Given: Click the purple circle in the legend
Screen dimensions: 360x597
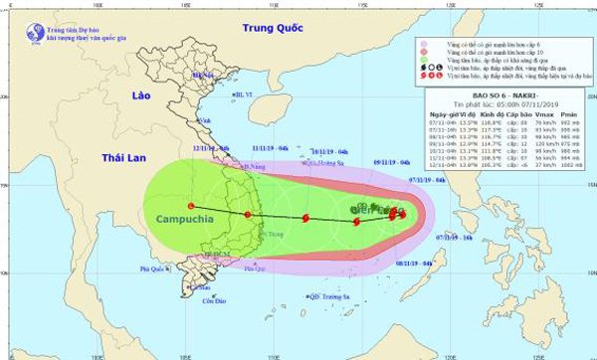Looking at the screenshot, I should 424,44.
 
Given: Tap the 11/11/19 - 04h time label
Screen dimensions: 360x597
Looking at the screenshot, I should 271,150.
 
